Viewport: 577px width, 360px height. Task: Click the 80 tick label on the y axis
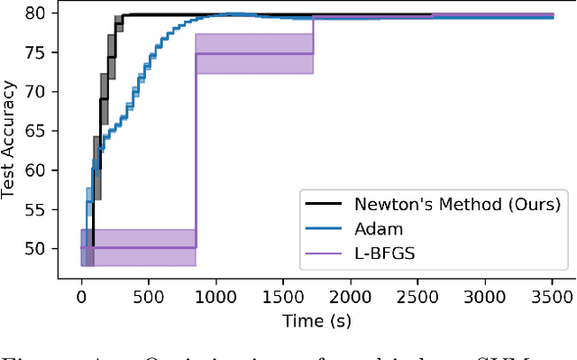click(40, 14)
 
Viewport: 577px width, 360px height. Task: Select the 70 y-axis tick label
click(40, 92)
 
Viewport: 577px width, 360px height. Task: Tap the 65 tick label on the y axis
click(40, 131)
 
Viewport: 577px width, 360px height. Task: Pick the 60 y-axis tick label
click(40, 170)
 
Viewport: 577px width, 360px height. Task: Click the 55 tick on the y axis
click(40, 208)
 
